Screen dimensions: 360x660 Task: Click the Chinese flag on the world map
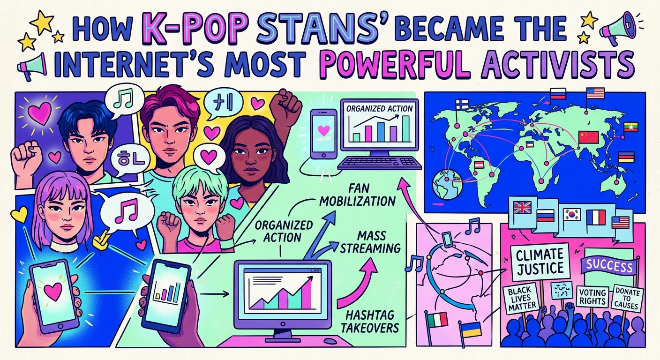tap(589, 137)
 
